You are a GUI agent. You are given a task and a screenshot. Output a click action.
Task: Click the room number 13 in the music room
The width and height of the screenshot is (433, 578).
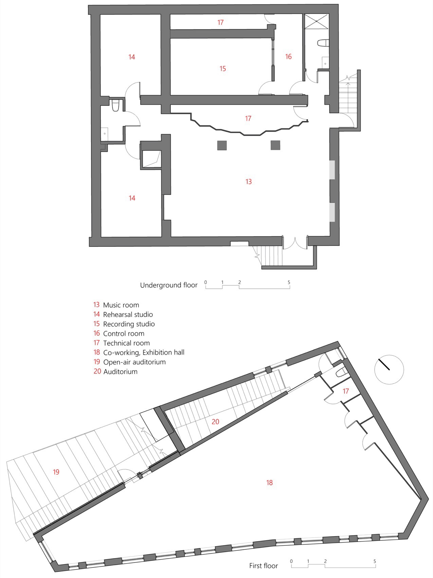coord(249,182)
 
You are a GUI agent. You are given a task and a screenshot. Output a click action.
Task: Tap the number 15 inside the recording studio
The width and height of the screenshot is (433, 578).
coord(222,69)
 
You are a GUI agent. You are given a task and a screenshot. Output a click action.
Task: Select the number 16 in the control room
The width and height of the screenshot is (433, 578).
coord(288,56)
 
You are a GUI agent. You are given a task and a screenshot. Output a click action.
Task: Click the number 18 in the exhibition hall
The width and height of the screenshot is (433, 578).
coord(269,482)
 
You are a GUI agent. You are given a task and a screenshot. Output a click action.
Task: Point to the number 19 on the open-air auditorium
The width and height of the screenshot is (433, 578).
coord(56,472)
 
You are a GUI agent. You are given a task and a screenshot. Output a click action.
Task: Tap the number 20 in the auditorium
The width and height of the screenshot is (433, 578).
coord(215,422)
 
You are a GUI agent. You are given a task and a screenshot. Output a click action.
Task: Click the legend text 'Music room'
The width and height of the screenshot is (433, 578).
coord(121,305)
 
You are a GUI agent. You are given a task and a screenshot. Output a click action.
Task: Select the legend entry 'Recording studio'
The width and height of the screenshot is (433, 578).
coord(129,324)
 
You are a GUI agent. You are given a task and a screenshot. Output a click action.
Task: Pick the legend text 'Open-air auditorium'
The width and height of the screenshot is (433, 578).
coord(134,362)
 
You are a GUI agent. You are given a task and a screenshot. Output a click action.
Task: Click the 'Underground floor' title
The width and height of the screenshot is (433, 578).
coord(169,285)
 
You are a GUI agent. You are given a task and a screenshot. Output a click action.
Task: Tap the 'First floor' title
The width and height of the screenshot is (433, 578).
coord(264,566)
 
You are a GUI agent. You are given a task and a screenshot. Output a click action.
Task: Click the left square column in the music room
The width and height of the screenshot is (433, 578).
coord(222,145)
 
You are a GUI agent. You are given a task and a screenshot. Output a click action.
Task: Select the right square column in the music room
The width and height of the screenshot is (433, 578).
coord(275,145)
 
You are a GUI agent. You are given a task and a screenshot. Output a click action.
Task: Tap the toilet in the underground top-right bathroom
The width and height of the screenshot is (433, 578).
coord(323,43)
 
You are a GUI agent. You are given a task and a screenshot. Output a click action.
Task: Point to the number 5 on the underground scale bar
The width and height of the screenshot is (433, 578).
coord(289,282)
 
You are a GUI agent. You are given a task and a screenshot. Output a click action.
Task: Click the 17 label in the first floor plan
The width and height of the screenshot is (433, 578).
coord(346,391)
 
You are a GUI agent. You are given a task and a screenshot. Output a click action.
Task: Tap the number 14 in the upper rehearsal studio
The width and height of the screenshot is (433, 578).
coord(132,57)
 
